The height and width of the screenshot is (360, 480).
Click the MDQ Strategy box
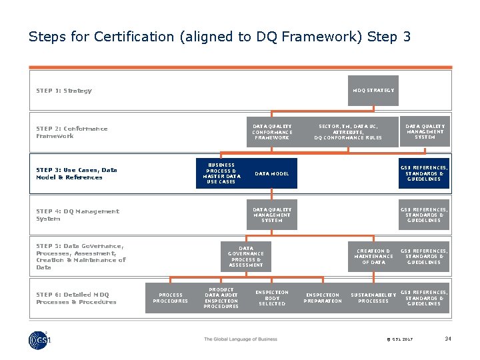(373, 90)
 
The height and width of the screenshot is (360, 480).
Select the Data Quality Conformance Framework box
(271, 132)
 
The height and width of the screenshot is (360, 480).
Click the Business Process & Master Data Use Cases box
(221, 173)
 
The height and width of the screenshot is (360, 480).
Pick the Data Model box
(272, 173)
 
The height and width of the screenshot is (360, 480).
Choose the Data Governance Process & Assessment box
(245, 257)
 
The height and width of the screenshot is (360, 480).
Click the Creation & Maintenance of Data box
(373, 257)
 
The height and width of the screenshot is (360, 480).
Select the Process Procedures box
(170, 298)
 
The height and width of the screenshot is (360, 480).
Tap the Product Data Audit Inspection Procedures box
(221, 298)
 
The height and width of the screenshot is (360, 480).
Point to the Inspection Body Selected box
(271, 298)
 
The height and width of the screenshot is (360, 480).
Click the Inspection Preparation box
(323, 298)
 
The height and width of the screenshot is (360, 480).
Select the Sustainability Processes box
(373, 298)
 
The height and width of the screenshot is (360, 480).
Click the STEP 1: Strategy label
(64, 91)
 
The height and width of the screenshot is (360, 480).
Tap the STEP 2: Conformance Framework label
(71, 132)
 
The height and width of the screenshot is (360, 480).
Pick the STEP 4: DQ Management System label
(77, 215)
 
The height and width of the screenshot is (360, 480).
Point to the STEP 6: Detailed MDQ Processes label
(76, 298)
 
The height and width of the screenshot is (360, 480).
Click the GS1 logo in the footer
(40, 339)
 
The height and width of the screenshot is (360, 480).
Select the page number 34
(448, 339)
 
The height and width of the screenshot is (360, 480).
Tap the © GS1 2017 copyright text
(400, 339)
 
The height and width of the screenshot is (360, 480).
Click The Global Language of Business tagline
(240, 339)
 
